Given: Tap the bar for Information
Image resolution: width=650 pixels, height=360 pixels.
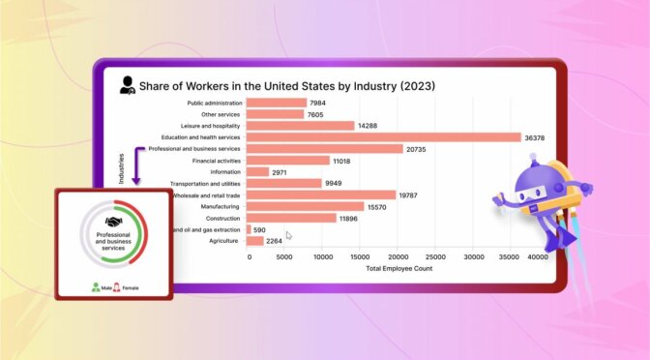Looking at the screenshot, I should click(x=258, y=172).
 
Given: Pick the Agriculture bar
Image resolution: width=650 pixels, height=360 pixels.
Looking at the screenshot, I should click(x=255, y=241).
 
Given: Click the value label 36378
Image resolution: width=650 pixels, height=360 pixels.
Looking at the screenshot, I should click(x=537, y=137).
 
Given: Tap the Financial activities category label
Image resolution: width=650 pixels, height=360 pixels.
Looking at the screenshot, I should click(x=218, y=161).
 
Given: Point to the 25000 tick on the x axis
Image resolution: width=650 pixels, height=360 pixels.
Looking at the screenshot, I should click(x=435, y=257).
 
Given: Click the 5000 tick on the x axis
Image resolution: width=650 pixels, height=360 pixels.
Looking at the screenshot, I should click(x=286, y=257).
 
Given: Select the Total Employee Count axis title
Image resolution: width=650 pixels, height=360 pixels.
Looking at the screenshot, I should click(x=399, y=269).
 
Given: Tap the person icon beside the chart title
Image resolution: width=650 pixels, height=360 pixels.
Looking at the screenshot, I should click(x=127, y=85).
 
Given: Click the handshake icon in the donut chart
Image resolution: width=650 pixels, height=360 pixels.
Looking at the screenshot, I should click(x=114, y=224).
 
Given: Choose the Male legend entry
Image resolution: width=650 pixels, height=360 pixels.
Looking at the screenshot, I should click(x=102, y=287).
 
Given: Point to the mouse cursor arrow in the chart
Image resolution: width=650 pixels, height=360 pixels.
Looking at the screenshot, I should click(x=288, y=235).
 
